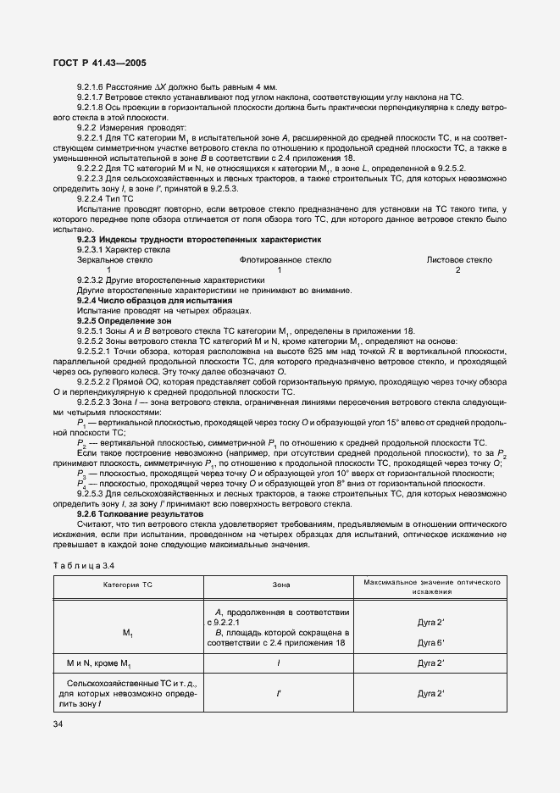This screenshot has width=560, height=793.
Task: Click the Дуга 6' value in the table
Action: [x=431, y=643]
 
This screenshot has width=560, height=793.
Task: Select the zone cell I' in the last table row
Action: [x=280, y=693]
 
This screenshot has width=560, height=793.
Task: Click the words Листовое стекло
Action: [x=458, y=260]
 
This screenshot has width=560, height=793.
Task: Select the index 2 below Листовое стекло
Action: [x=458, y=270]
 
